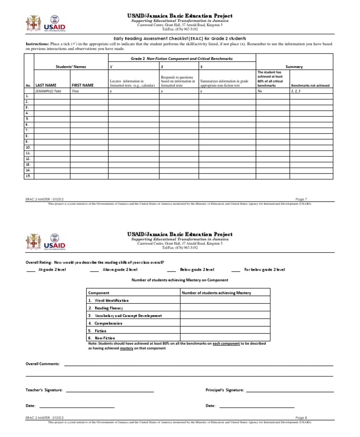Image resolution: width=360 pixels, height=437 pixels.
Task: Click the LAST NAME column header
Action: pos(46,86)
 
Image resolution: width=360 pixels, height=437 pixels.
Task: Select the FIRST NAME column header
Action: pos(82,86)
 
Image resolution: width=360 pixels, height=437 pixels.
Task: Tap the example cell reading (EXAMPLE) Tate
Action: pos(48,91)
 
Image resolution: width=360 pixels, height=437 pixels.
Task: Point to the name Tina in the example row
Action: pos(75,91)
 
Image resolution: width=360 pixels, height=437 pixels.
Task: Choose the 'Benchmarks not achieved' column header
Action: pos(310,86)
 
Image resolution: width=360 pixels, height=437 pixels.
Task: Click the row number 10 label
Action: pos(28,147)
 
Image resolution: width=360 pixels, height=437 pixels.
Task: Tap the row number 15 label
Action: pos(28,176)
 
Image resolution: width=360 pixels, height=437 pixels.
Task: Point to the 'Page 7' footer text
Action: pos(302,199)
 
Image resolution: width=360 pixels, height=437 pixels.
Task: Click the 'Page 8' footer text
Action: pos(302,417)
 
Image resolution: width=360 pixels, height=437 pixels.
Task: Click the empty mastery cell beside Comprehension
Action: pos(225,323)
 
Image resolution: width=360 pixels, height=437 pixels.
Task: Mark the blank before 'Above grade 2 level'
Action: pos(94,270)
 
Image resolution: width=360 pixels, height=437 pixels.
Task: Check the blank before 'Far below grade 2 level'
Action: pos(235,270)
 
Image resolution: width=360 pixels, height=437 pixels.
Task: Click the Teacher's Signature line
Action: pos(110,391)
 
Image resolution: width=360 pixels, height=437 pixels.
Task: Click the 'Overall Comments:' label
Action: pos(43,364)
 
